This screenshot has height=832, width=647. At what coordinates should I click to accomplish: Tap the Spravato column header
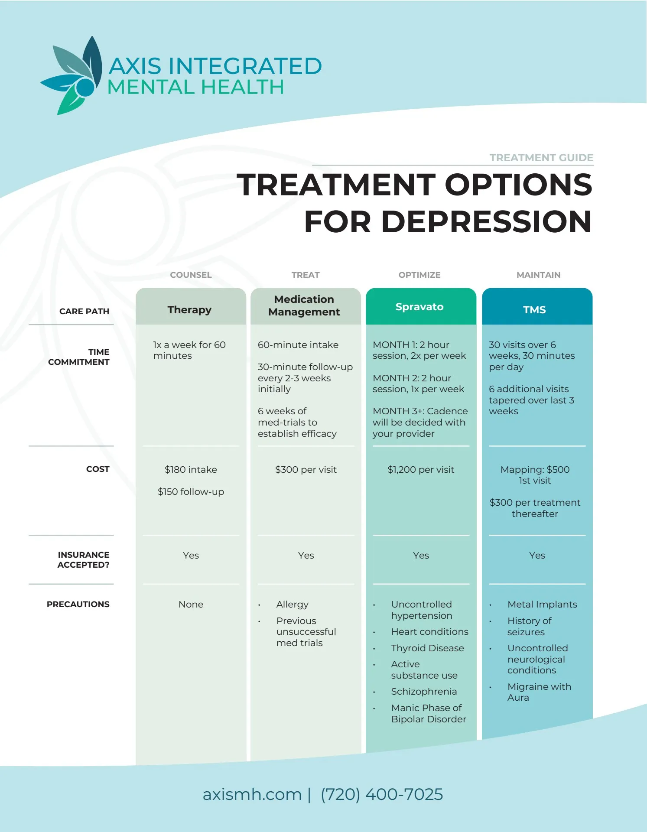419,307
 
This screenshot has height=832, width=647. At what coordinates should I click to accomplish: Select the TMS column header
534,309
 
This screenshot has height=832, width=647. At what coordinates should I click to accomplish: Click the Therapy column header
189,309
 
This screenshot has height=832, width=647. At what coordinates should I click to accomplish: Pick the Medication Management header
304,305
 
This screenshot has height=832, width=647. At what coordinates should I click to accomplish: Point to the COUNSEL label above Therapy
191,275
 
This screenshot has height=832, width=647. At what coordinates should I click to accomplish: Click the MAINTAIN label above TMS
538,275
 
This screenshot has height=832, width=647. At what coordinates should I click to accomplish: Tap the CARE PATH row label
84,311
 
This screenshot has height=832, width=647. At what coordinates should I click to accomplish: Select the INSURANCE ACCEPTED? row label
83,559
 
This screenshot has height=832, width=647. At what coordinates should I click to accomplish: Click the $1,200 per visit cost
421,470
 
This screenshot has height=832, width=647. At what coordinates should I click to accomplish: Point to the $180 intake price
191,470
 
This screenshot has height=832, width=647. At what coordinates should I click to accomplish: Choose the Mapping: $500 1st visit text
535,475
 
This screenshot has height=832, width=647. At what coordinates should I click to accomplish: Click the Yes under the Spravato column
421,556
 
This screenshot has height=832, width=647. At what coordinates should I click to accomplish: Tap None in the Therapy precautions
191,604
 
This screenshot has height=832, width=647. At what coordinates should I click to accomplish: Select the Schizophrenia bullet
424,692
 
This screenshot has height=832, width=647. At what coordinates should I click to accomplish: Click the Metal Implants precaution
542,604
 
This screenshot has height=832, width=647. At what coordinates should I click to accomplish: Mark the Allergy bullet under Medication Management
293,604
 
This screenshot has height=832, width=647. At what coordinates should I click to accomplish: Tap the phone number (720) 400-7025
382,794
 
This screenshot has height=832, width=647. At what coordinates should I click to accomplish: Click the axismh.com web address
252,794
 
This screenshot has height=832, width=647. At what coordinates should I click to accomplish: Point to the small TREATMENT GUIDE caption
541,158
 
